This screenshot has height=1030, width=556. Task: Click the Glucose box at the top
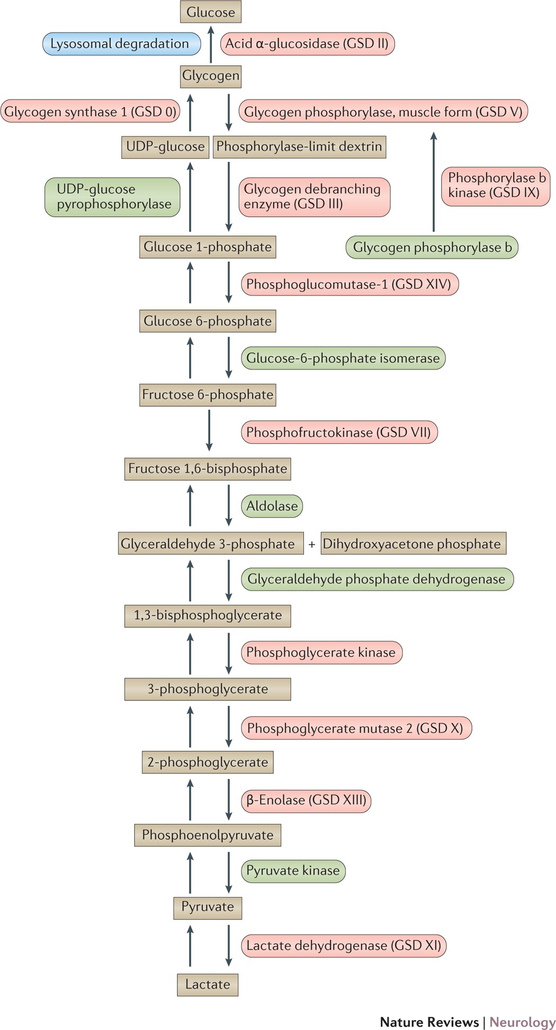(211, 12)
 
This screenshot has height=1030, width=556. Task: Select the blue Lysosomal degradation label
(121, 44)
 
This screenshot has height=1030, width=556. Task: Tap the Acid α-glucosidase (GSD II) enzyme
(307, 44)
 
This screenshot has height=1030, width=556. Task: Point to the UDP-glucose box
(165, 147)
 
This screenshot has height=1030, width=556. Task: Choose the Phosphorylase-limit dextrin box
(299, 147)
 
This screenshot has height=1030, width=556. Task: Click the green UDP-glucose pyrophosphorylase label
(112, 197)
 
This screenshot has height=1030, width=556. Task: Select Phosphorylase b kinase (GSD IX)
(495, 185)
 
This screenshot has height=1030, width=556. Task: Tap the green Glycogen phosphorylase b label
(432, 247)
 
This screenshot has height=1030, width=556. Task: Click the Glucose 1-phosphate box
(208, 247)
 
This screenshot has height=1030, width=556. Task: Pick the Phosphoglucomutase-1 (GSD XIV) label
(349, 284)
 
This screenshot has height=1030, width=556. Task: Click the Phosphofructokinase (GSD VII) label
(339, 432)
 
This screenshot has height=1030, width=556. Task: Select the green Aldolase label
(272, 506)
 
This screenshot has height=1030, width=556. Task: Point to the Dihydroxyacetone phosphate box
(413, 544)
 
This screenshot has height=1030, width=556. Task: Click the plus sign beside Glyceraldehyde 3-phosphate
(312, 544)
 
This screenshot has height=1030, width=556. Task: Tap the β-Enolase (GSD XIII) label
(306, 800)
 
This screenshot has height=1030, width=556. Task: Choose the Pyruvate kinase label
(293, 871)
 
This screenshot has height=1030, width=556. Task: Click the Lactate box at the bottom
(208, 985)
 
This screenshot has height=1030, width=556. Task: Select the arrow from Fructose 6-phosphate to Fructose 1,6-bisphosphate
(209, 430)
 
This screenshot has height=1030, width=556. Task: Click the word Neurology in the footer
(522, 1022)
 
